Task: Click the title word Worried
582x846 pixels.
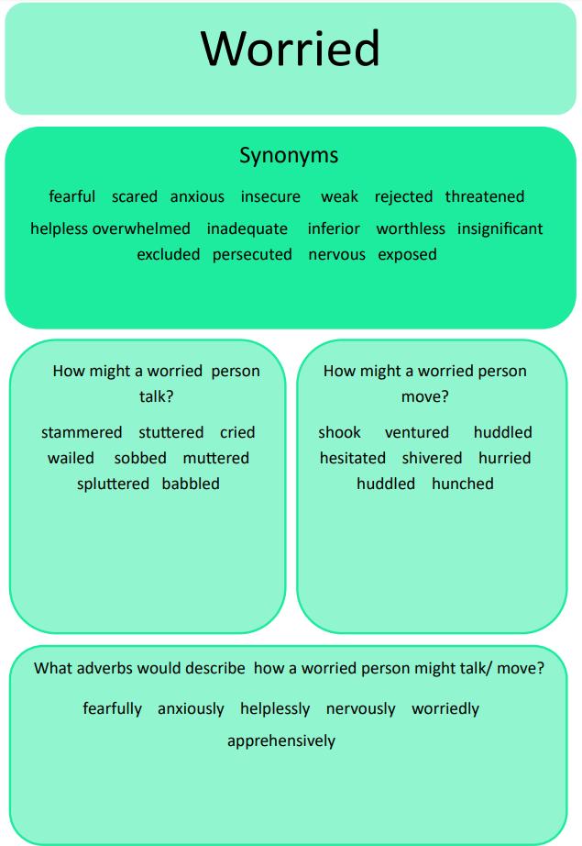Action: pyautogui.click(x=290, y=49)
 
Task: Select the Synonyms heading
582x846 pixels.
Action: pyautogui.click(x=289, y=155)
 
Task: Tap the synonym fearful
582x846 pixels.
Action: pyautogui.click(x=71, y=196)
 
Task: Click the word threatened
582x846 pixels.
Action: pyautogui.click(x=485, y=196)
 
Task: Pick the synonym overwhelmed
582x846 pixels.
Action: pyautogui.click(x=141, y=228)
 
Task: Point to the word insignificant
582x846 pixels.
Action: pyautogui.click(x=500, y=228)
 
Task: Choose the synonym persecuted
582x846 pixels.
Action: pyautogui.click(x=252, y=254)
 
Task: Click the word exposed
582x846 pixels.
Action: pyautogui.click(x=407, y=254)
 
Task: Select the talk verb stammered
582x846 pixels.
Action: pyautogui.click(x=82, y=432)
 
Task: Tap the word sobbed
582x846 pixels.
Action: pyautogui.click(x=140, y=458)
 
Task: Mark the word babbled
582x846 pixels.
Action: pyautogui.click(x=191, y=484)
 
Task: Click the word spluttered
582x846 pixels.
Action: pyautogui.click(x=113, y=484)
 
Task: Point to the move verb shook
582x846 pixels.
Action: pyautogui.click(x=339, y=432)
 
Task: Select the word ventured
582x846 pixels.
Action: pyautogui.click(x=417, y=432)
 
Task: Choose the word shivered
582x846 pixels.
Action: pyautogui.click(x=432, y=458)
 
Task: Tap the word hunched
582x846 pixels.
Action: pyautogui.click(x=463, y=484)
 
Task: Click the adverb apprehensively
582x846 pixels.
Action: pyautogui.click(x=281, y=740)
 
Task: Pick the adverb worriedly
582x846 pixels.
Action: pyautogui.click(x=445, y=708)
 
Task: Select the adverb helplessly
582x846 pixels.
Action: pyautogui.click(x=275, y=708)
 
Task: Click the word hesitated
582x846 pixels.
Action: pyautogui.click(x=353, y=458)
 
